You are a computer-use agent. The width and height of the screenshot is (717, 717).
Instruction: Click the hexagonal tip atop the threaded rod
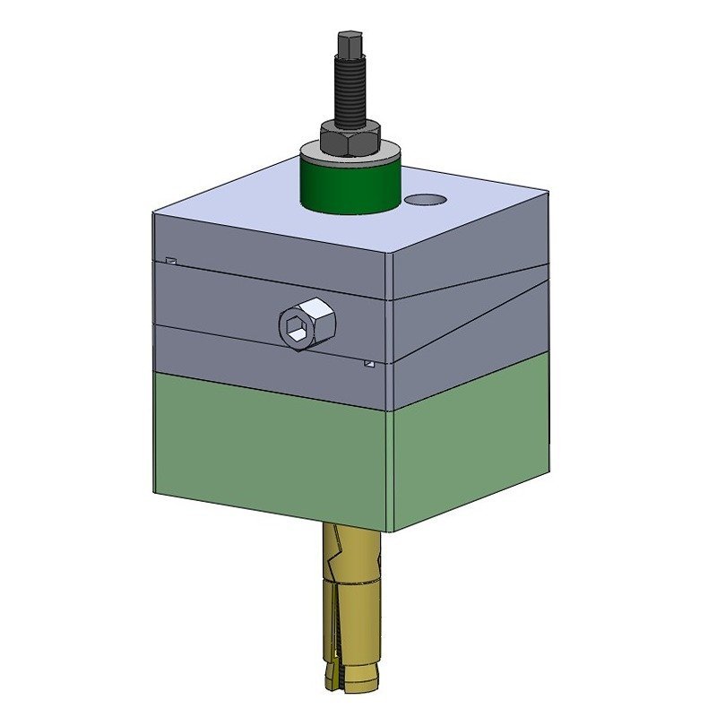pos(348,44)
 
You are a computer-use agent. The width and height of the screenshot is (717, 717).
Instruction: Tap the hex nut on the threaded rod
pos(350,136)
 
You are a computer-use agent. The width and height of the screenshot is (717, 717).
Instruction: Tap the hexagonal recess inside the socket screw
pos(297,329)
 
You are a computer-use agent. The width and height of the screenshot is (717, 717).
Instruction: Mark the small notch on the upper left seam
pos(170,261)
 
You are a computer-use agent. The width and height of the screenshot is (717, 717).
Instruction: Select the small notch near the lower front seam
pos(368,364)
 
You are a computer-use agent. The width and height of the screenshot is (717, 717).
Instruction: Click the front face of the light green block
pos(269,448)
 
